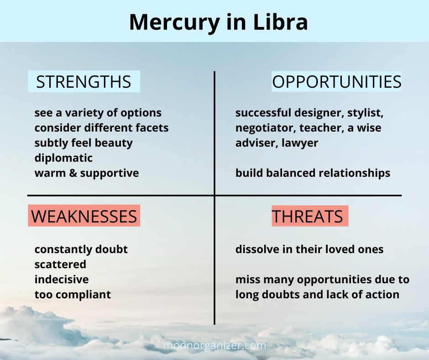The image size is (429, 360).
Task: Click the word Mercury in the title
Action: (174, 22)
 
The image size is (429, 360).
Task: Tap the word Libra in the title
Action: (280, 21)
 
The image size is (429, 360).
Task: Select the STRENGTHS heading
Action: (84, 82)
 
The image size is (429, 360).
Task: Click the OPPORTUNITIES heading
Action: (336, 82)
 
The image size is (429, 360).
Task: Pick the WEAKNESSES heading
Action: (84, 216)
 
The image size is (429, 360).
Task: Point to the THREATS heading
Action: (307, 216)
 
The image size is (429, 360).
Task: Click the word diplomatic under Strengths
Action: (63, 158)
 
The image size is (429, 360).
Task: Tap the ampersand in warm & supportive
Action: (73, 173)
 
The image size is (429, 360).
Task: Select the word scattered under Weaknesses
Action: (60, 265)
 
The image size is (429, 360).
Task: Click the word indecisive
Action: (62, 280)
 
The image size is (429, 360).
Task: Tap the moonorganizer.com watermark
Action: (214, 345)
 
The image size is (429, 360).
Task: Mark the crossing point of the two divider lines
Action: (214, 196)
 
